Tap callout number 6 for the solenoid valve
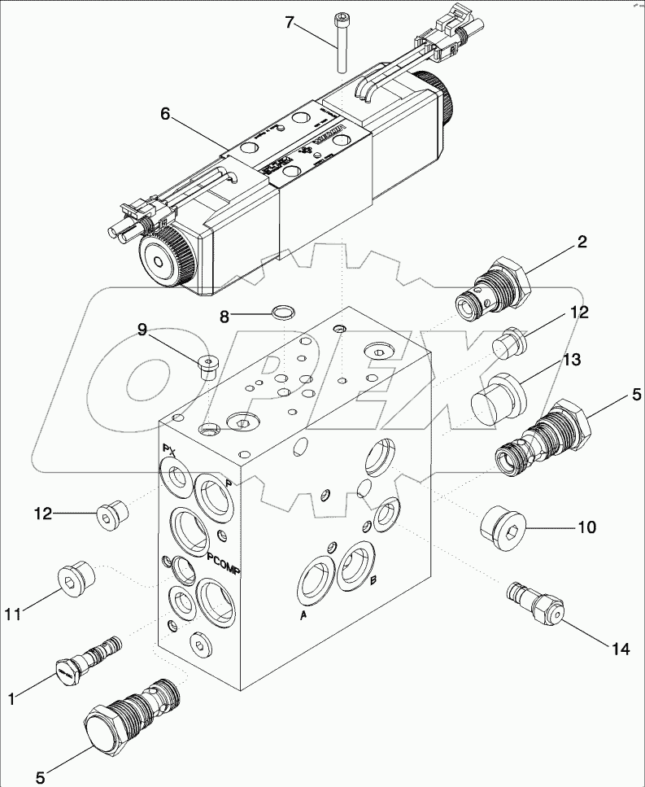click(165, 115)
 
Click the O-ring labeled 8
click(282, 310)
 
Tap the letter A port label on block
click(303, 615)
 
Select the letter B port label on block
click(373, 580)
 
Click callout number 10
click(586, 527)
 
